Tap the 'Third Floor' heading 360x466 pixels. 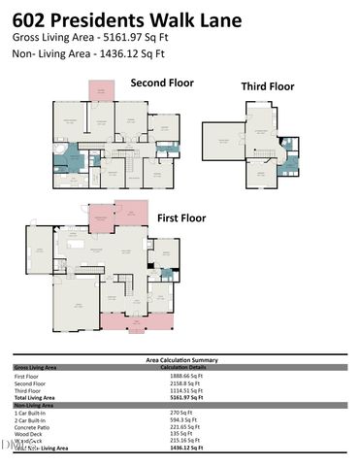click(268, 86)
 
